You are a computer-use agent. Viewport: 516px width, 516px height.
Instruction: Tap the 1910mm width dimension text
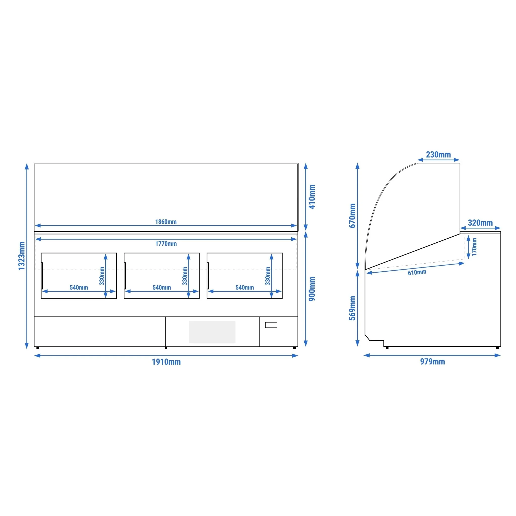tap(166, 362)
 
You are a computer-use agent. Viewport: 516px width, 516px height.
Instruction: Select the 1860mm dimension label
tap(166, 222)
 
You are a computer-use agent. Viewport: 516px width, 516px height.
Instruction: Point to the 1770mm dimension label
tap(166, 244)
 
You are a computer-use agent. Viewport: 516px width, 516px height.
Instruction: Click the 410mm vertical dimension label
tap(312, 197)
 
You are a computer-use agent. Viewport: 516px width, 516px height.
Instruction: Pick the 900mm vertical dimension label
tap(312, 289)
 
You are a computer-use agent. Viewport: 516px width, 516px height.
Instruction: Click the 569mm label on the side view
tap(352, 308)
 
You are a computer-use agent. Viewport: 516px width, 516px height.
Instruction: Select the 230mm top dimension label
tap(438, 155)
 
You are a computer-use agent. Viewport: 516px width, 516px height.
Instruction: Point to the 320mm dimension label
tap(480, 223)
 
